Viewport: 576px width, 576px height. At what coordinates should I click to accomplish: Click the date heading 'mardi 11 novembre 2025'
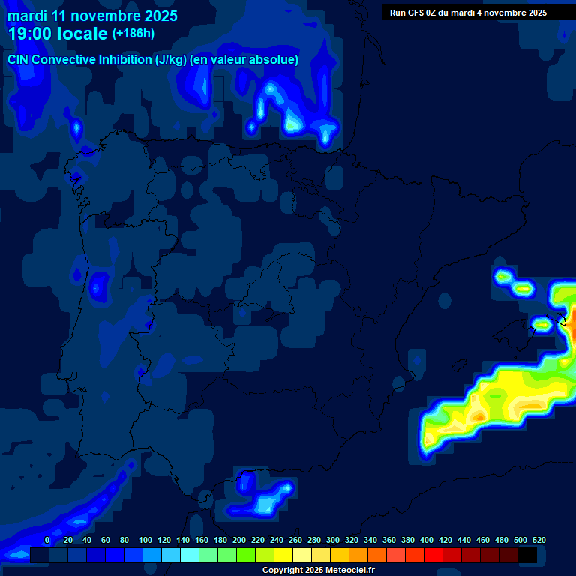pos(92,16)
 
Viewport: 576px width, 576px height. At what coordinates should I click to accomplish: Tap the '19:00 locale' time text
pos(58,34)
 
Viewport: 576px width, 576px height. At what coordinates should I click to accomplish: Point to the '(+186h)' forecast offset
pos(133,34)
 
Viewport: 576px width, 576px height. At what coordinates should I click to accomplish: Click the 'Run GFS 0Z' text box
pos(468,13)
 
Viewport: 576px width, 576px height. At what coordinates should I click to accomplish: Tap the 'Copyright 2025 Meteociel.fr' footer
pos(318,571)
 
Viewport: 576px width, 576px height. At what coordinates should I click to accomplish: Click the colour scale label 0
pos(47,540)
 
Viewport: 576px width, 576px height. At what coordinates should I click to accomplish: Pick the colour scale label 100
pos(145,540)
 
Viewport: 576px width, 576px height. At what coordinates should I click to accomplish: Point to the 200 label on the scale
pos(239,540)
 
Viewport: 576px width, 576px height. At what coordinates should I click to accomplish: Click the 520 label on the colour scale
pos(538,540)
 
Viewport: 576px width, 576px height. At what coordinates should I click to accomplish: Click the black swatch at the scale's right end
pos(527,556)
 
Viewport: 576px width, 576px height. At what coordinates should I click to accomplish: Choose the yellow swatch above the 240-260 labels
pos(283,556)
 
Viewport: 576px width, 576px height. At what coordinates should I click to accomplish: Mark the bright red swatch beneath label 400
pos(433,556)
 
